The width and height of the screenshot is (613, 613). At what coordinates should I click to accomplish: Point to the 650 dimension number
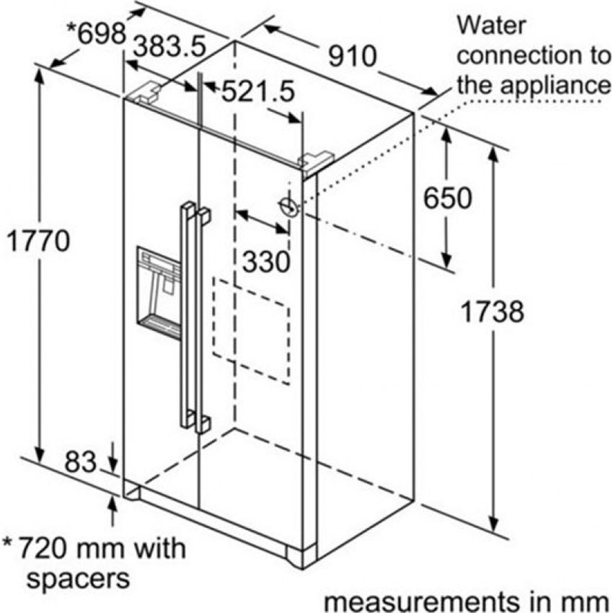click(446, 198)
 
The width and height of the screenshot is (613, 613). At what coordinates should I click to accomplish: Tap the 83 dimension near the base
click(80, 462)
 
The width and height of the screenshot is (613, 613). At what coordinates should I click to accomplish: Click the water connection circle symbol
click(289, 207)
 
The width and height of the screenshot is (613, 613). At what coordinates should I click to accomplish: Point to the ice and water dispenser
click(159, 293)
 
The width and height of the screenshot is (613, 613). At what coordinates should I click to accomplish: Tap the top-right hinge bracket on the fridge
click(316, 159)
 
